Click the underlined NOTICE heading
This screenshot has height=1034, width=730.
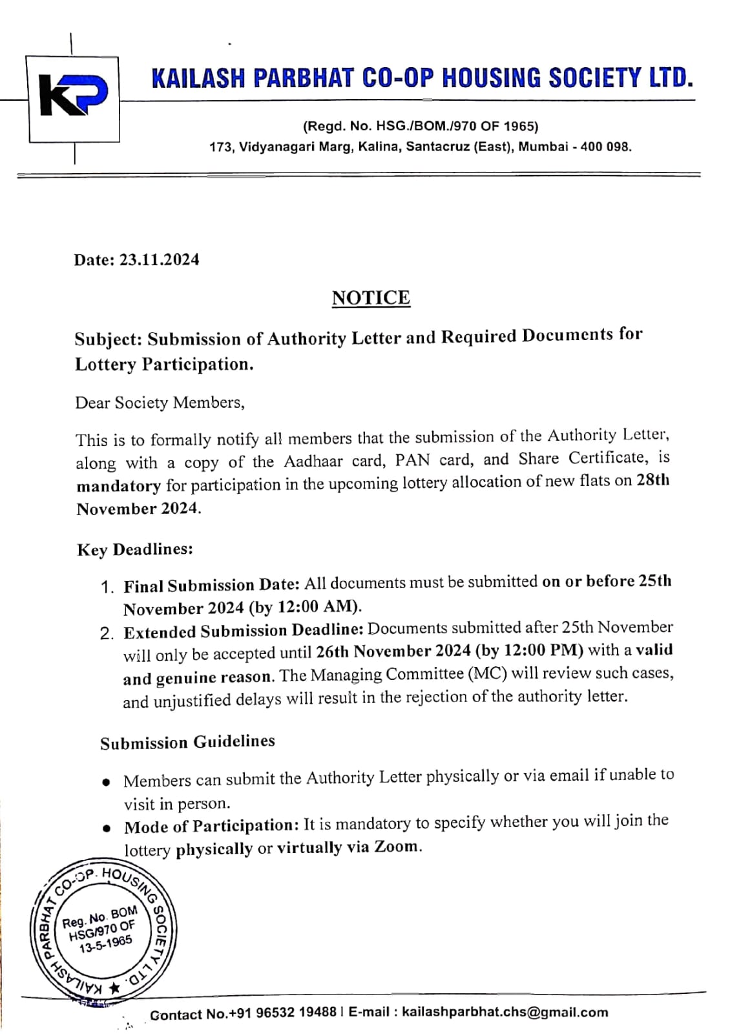coord(371,298)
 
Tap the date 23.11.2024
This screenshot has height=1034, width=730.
coord(159,260)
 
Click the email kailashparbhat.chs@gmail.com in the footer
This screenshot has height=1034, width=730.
coord(505,1012)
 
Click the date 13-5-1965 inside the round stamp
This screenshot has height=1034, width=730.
coord(105,944)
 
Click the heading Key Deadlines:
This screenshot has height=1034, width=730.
coord(135,549)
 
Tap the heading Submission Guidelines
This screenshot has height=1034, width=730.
coord(187,742)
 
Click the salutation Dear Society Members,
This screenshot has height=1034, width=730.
coord(160,403)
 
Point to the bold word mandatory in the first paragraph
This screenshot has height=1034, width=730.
coord(118,485)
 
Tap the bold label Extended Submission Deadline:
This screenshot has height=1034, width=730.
coord(244,631)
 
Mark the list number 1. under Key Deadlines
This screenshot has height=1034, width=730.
coord(107,587)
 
